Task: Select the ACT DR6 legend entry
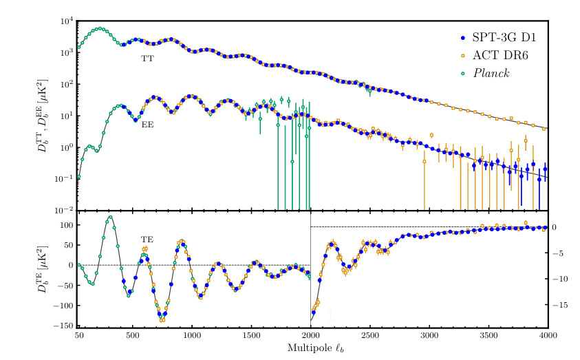pos(495,54)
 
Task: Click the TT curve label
pos(147,59)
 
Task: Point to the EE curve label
pos(147,126)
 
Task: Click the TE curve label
pos(147,240)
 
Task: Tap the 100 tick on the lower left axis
pos(65,225)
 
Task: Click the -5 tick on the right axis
pos(561,253)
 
